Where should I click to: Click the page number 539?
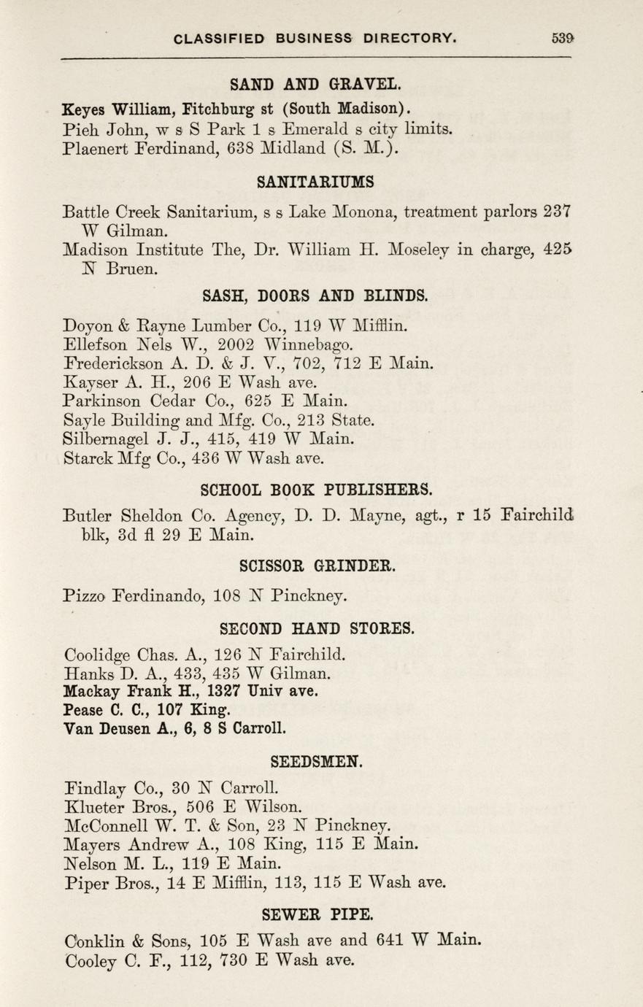click(563, 39)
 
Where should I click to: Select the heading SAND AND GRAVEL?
click(315, 84)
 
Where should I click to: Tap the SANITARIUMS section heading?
click(315, 181)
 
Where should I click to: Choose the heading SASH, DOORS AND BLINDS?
click(315, 296)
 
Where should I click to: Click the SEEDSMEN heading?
click(315, 762)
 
